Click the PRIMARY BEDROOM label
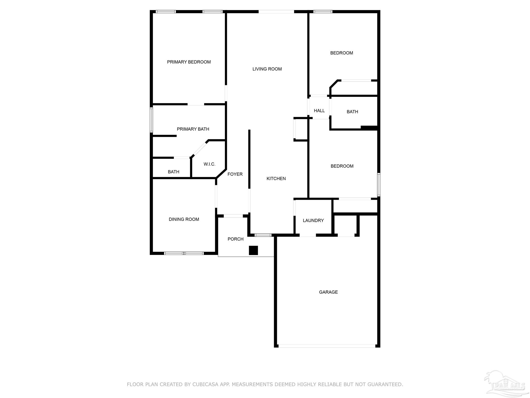[189, 62]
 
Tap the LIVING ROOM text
[267, 69]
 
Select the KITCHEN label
[276, 179]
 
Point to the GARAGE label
[328, 292]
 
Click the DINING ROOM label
[184, 219]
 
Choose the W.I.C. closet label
[209, 164]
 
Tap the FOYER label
[235, 174]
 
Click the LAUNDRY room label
[313, 221]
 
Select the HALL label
[319, 111]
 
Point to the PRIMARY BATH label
[193, 129]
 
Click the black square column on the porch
[253, 250]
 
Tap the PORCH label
[235, 239]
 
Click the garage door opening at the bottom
[327, 346]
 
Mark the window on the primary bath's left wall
[151, 120]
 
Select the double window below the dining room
[184, 253]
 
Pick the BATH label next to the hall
[352, 112]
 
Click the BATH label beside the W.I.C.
[173, 172]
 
